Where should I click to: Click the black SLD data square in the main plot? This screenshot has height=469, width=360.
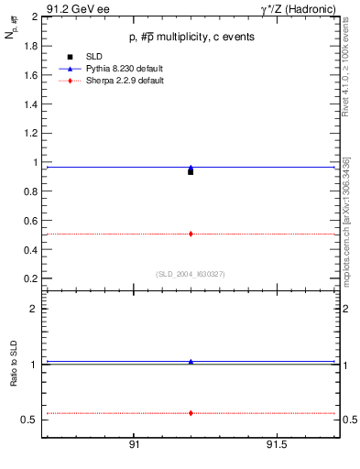(191, 171)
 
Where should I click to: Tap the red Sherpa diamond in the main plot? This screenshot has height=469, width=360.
(191, 234)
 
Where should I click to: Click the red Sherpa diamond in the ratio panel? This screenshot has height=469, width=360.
(191, 413)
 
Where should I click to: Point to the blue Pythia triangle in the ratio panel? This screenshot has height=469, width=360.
(191, 362)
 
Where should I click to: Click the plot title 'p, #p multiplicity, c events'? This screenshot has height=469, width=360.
(191, 37)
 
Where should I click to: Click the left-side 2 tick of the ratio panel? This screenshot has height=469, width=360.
(35, 310)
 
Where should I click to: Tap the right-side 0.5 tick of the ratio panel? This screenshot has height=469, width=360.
(349, 420)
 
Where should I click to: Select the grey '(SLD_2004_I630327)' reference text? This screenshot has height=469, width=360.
(191, 273)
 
